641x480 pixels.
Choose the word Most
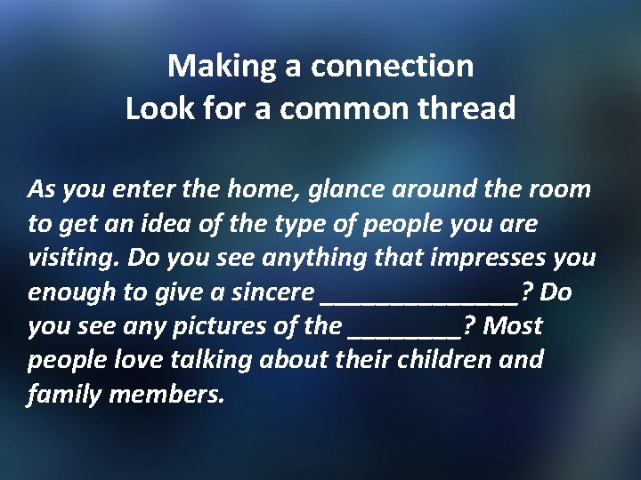point(514,326)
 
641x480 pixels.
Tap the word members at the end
point(166,394)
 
